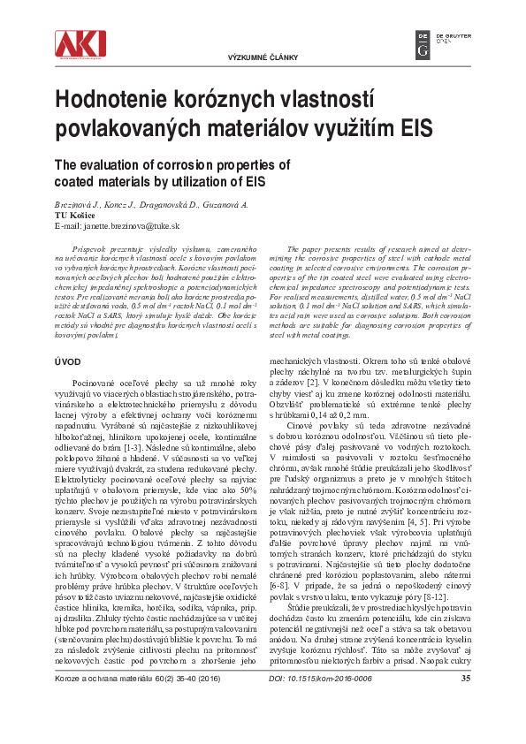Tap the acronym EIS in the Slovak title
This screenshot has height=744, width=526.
pos(417,125)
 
